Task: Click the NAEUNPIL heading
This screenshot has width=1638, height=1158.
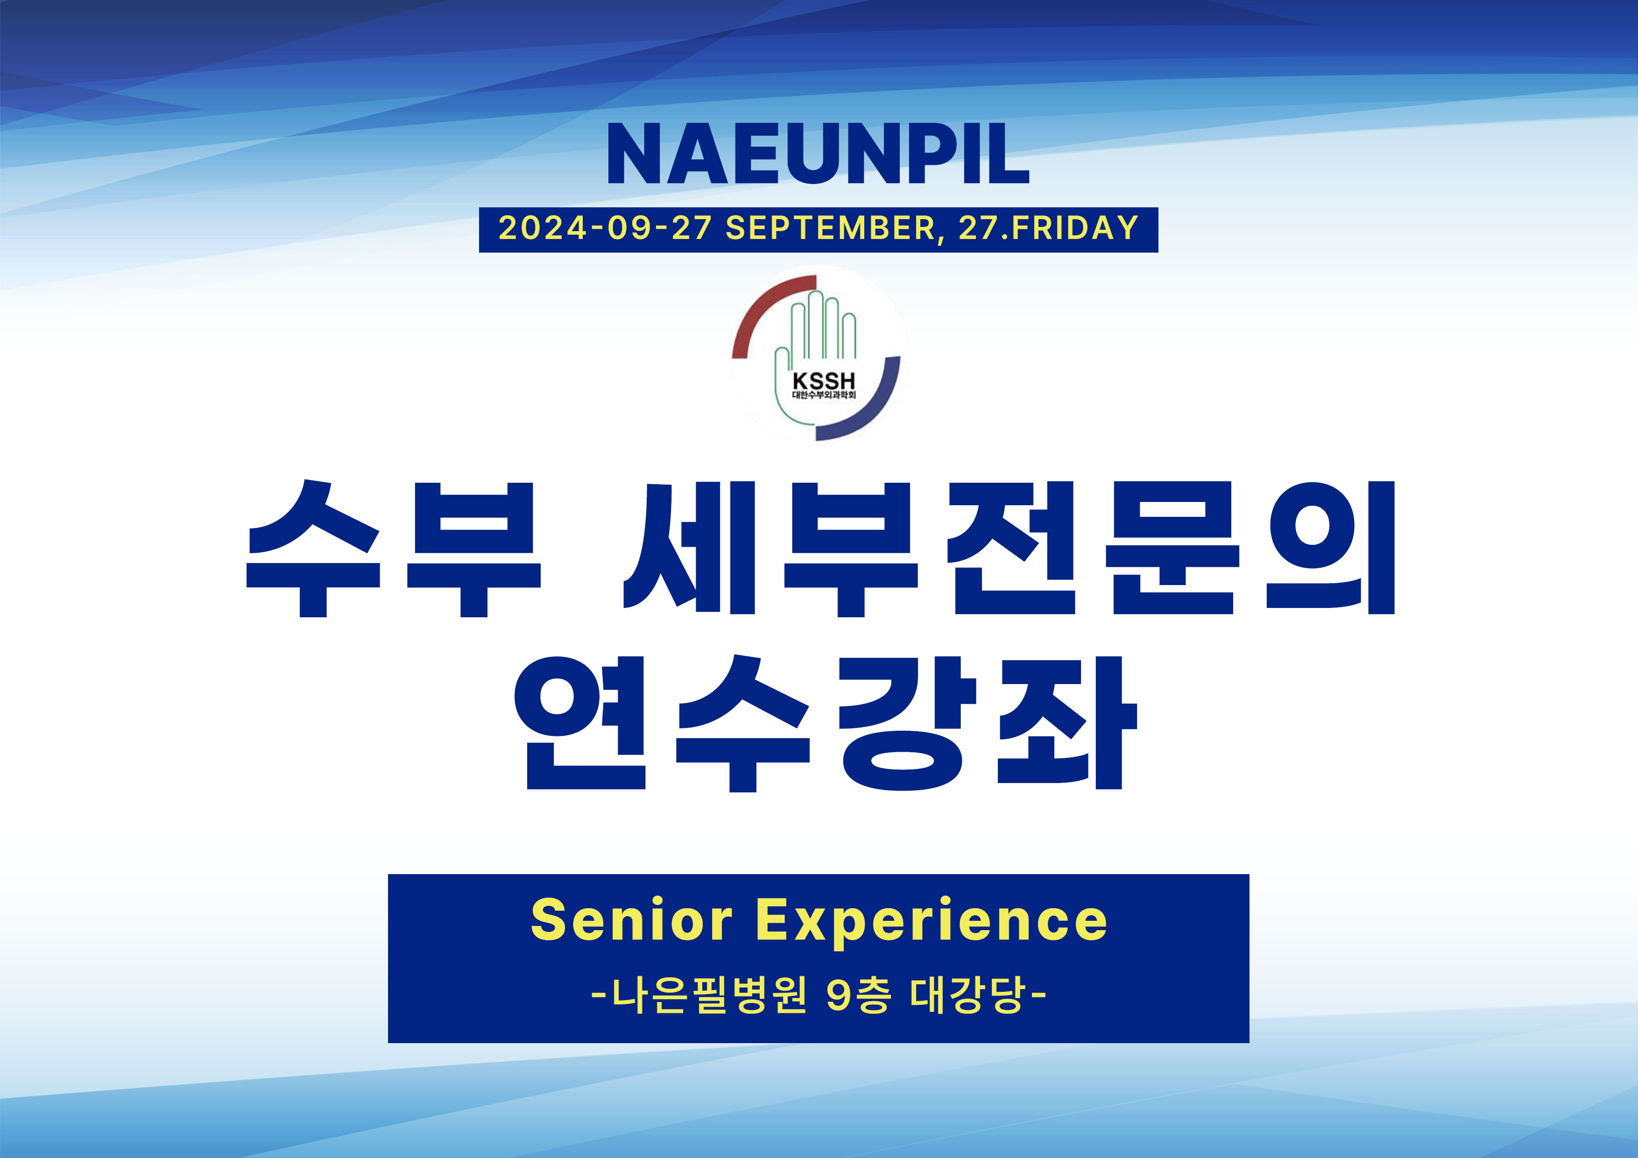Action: [818, 154]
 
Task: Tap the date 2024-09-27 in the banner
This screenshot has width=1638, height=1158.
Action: [605, 228]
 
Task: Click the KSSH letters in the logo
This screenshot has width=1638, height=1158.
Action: [823, 381]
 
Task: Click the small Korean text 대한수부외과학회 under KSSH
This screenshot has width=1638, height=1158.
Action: [823, 395]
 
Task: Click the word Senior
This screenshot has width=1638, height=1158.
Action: [631, 920]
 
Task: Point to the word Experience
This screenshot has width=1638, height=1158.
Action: [931, 923]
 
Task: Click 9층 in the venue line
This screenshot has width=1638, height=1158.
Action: [858, 995]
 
